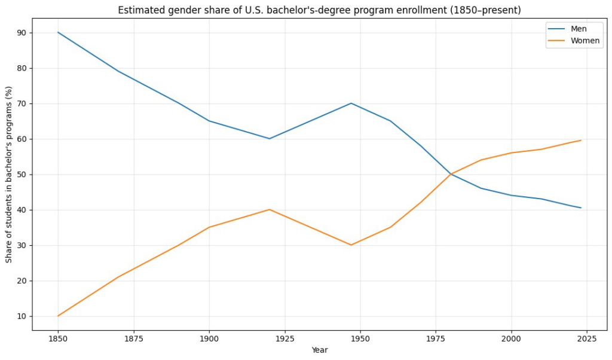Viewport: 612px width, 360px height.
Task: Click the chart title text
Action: (319, 10)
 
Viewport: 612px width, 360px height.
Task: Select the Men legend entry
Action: (578, 29)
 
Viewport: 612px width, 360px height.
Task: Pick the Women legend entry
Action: (585, 41)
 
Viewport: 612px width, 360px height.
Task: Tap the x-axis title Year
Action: (319, 350)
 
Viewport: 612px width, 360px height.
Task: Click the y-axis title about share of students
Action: (9, 175)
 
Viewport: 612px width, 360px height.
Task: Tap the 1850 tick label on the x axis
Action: (58, 338)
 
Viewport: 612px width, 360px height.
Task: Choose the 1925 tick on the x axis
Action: (284, 338)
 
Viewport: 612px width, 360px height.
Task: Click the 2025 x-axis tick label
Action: (587, 338)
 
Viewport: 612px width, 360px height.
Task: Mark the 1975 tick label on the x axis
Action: (436, 338)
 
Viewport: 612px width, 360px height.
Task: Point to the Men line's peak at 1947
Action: (351, 103)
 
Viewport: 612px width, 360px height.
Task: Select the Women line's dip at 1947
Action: (351, 245)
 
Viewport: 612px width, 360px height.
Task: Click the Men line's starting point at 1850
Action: (58, 32)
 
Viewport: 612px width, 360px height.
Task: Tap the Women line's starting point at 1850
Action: (58, 316)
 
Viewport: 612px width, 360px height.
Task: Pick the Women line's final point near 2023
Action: (581, 141)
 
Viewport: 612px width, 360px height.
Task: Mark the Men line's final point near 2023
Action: (581, 208)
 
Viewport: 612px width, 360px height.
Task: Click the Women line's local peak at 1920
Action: (270, 209)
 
